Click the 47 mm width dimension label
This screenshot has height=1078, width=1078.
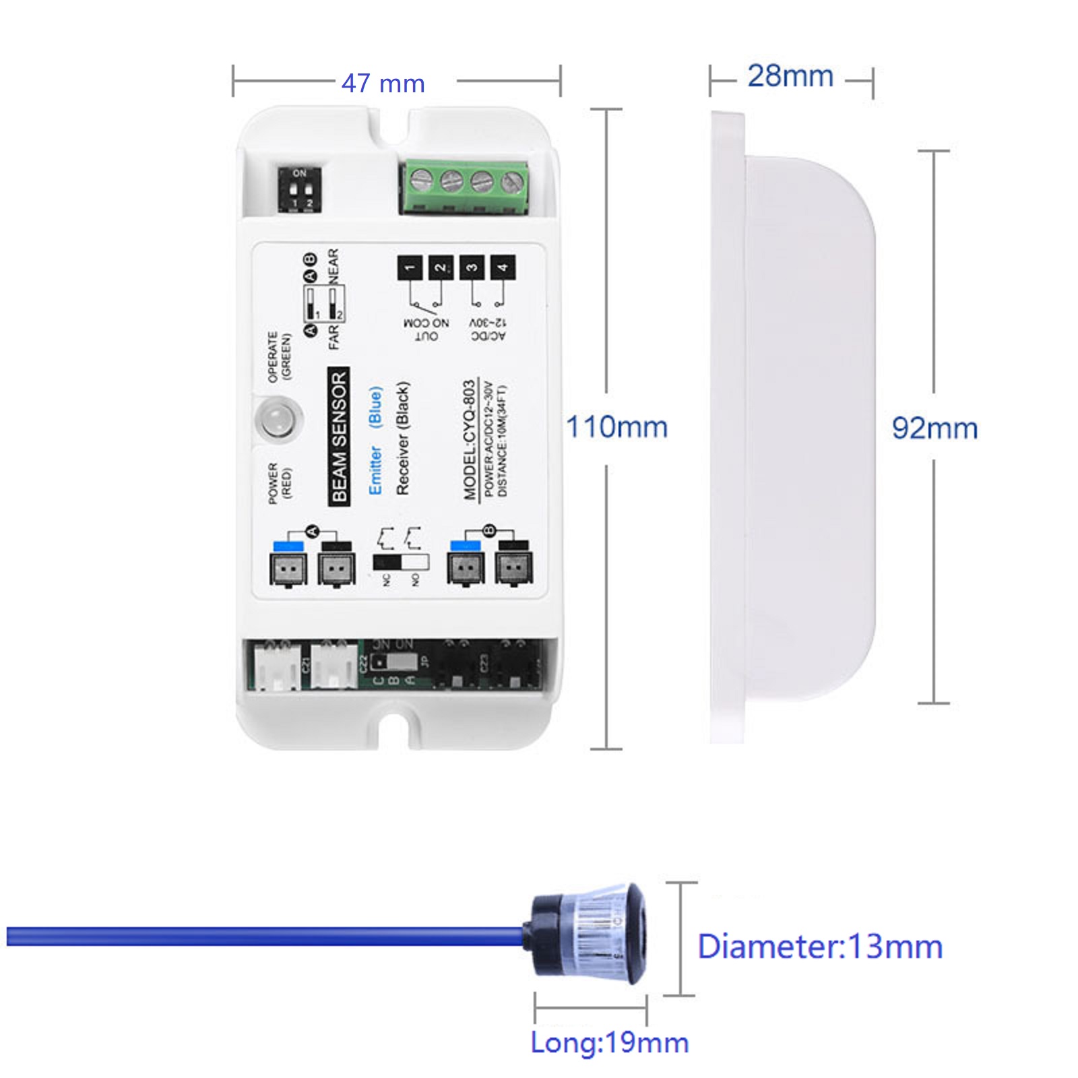(383, 84)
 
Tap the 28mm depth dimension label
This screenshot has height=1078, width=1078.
(790, 75)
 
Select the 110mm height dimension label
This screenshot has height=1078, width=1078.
(616, 427)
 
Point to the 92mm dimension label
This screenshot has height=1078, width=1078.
(934, 429)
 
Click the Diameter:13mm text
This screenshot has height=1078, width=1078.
(819, 947)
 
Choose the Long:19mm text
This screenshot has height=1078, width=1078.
(610, 1042)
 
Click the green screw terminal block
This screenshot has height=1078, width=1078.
(465, 187)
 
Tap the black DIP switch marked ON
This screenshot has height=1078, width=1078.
(300, 191)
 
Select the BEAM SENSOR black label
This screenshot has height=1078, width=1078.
(339, 437)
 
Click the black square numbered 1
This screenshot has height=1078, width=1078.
(410, 267)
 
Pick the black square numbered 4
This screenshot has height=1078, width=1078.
(503, 267)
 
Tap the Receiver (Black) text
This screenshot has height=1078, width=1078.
(402, 438)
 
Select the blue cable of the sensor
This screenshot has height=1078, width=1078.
(263, 937)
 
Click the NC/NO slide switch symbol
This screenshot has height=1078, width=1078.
(401, 562)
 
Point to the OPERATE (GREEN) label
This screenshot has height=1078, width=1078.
(279, 357)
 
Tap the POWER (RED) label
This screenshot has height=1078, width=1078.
(279, 482)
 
